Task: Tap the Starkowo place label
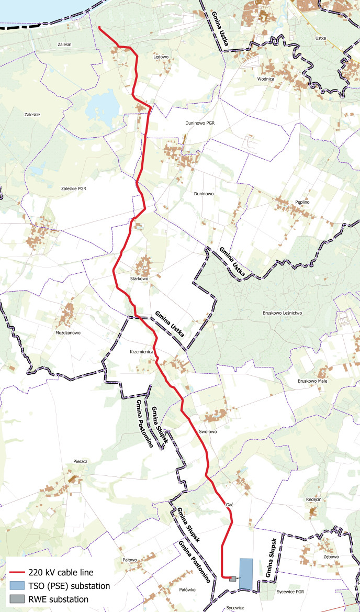click(140, 279)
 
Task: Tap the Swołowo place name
click(208, 432)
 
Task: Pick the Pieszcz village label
click(81, 461)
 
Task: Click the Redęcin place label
click(313, 500)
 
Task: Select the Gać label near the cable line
click(229, 504)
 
